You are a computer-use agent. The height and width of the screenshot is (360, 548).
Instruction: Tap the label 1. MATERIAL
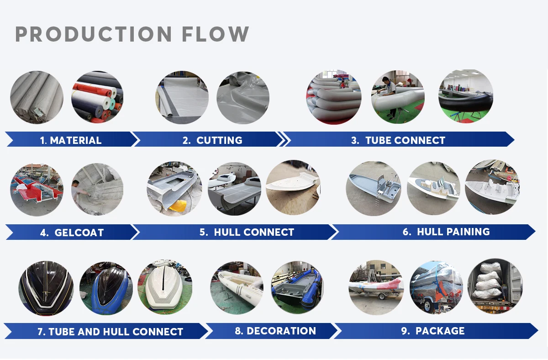[x=71, y=140]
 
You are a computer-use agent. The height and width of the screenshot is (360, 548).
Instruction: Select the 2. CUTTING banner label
[x=212, y=140]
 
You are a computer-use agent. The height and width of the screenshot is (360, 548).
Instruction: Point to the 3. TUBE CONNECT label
[x=398, y=140]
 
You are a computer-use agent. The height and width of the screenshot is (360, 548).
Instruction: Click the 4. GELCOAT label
[x=72, y=233]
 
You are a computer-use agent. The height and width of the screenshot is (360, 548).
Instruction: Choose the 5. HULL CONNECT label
[x=247, y=232]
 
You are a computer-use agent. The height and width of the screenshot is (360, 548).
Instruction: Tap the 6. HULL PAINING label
[x=446, y=232]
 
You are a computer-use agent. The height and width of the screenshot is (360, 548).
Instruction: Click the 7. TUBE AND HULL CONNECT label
[x=110, y=332]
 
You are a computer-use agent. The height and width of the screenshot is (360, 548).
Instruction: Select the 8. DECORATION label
[x=275, y=331]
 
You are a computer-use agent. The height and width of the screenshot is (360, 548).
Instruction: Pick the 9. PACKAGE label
[x=433, y=331]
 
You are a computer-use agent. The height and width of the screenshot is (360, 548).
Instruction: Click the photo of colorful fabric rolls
[x=97, y=97]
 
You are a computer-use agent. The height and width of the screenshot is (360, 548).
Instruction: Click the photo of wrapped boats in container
[x=495, y=286]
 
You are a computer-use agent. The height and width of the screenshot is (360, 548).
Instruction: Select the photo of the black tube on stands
[x=466, y=97]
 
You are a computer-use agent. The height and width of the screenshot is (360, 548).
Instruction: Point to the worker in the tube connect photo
[x=388, y=94]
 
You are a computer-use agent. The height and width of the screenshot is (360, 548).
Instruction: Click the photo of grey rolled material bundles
[x=37, y=97]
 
